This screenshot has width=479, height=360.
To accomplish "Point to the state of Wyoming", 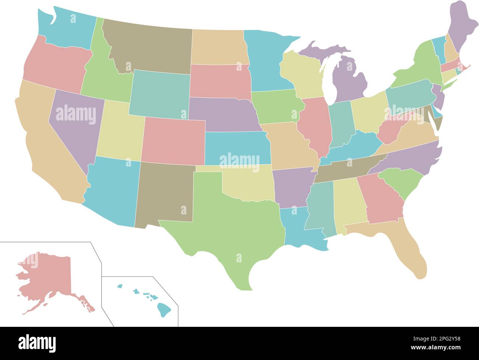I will point(158,94).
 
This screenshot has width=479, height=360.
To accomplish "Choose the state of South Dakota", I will point(219,81).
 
